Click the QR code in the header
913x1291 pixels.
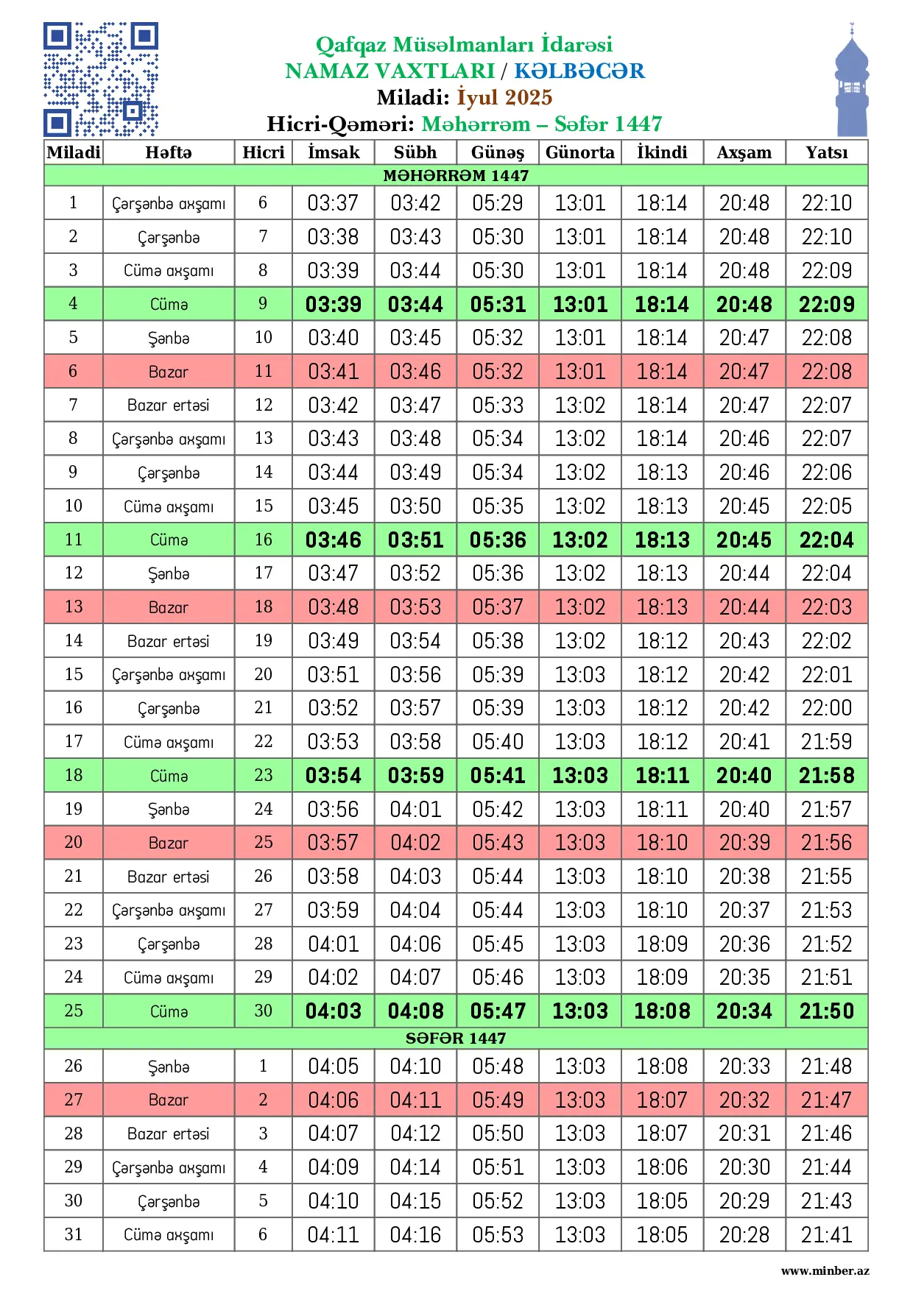click(x=101, y=79)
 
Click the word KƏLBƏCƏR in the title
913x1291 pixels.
click(x=579, y=71)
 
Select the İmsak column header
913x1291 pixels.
click(x=334, y=152)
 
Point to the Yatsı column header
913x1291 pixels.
click(x=826, y=152)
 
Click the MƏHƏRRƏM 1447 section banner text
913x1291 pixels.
click(x=456, y=175)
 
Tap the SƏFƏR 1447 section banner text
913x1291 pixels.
click(x=456, y=1038)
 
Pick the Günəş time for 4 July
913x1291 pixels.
click(x=498, y=304)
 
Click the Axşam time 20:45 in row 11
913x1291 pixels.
click(x=744, y=540)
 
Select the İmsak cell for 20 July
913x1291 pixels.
click(x=334, y=842)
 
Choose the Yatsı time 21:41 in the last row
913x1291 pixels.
click(x=826, y=1234)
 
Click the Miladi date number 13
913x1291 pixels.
click(x=74, y=606)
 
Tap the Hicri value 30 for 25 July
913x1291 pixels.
click(x=263, y=1011)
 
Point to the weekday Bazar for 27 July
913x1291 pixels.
click(x=169, y=1100)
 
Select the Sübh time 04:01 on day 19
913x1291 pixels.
click(x=415, y=809)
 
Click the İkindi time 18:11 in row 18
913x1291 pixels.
click(x=662, y=775)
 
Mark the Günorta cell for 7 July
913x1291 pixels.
click(x=580, y=405)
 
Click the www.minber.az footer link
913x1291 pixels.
click(x=825, y=1270)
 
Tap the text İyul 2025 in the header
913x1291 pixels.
click(x=504, y=97)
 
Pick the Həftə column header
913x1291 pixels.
click(x=169, y=152)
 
